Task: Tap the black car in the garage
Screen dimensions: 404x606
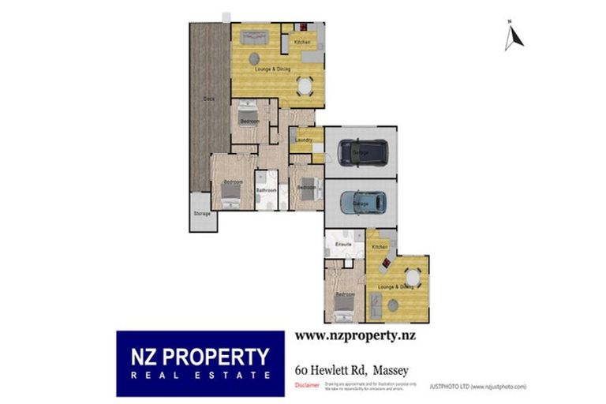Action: point(362,151)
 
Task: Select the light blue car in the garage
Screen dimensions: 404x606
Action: point(363,202)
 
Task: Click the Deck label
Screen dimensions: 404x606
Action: point(208,99)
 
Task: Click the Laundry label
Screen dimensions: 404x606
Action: point(301,140)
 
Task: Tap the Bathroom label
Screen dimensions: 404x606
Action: point(266,190)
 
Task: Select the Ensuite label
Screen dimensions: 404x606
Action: point(342,245)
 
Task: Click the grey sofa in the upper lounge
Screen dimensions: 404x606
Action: point(256,36)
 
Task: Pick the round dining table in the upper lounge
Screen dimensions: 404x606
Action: point(304,85)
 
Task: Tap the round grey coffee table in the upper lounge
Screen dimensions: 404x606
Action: point(254,58)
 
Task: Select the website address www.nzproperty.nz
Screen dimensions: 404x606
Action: point(355,335)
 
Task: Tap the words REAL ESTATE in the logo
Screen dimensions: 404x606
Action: point(201,376)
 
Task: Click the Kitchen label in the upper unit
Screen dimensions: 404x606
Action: point(301,42)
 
